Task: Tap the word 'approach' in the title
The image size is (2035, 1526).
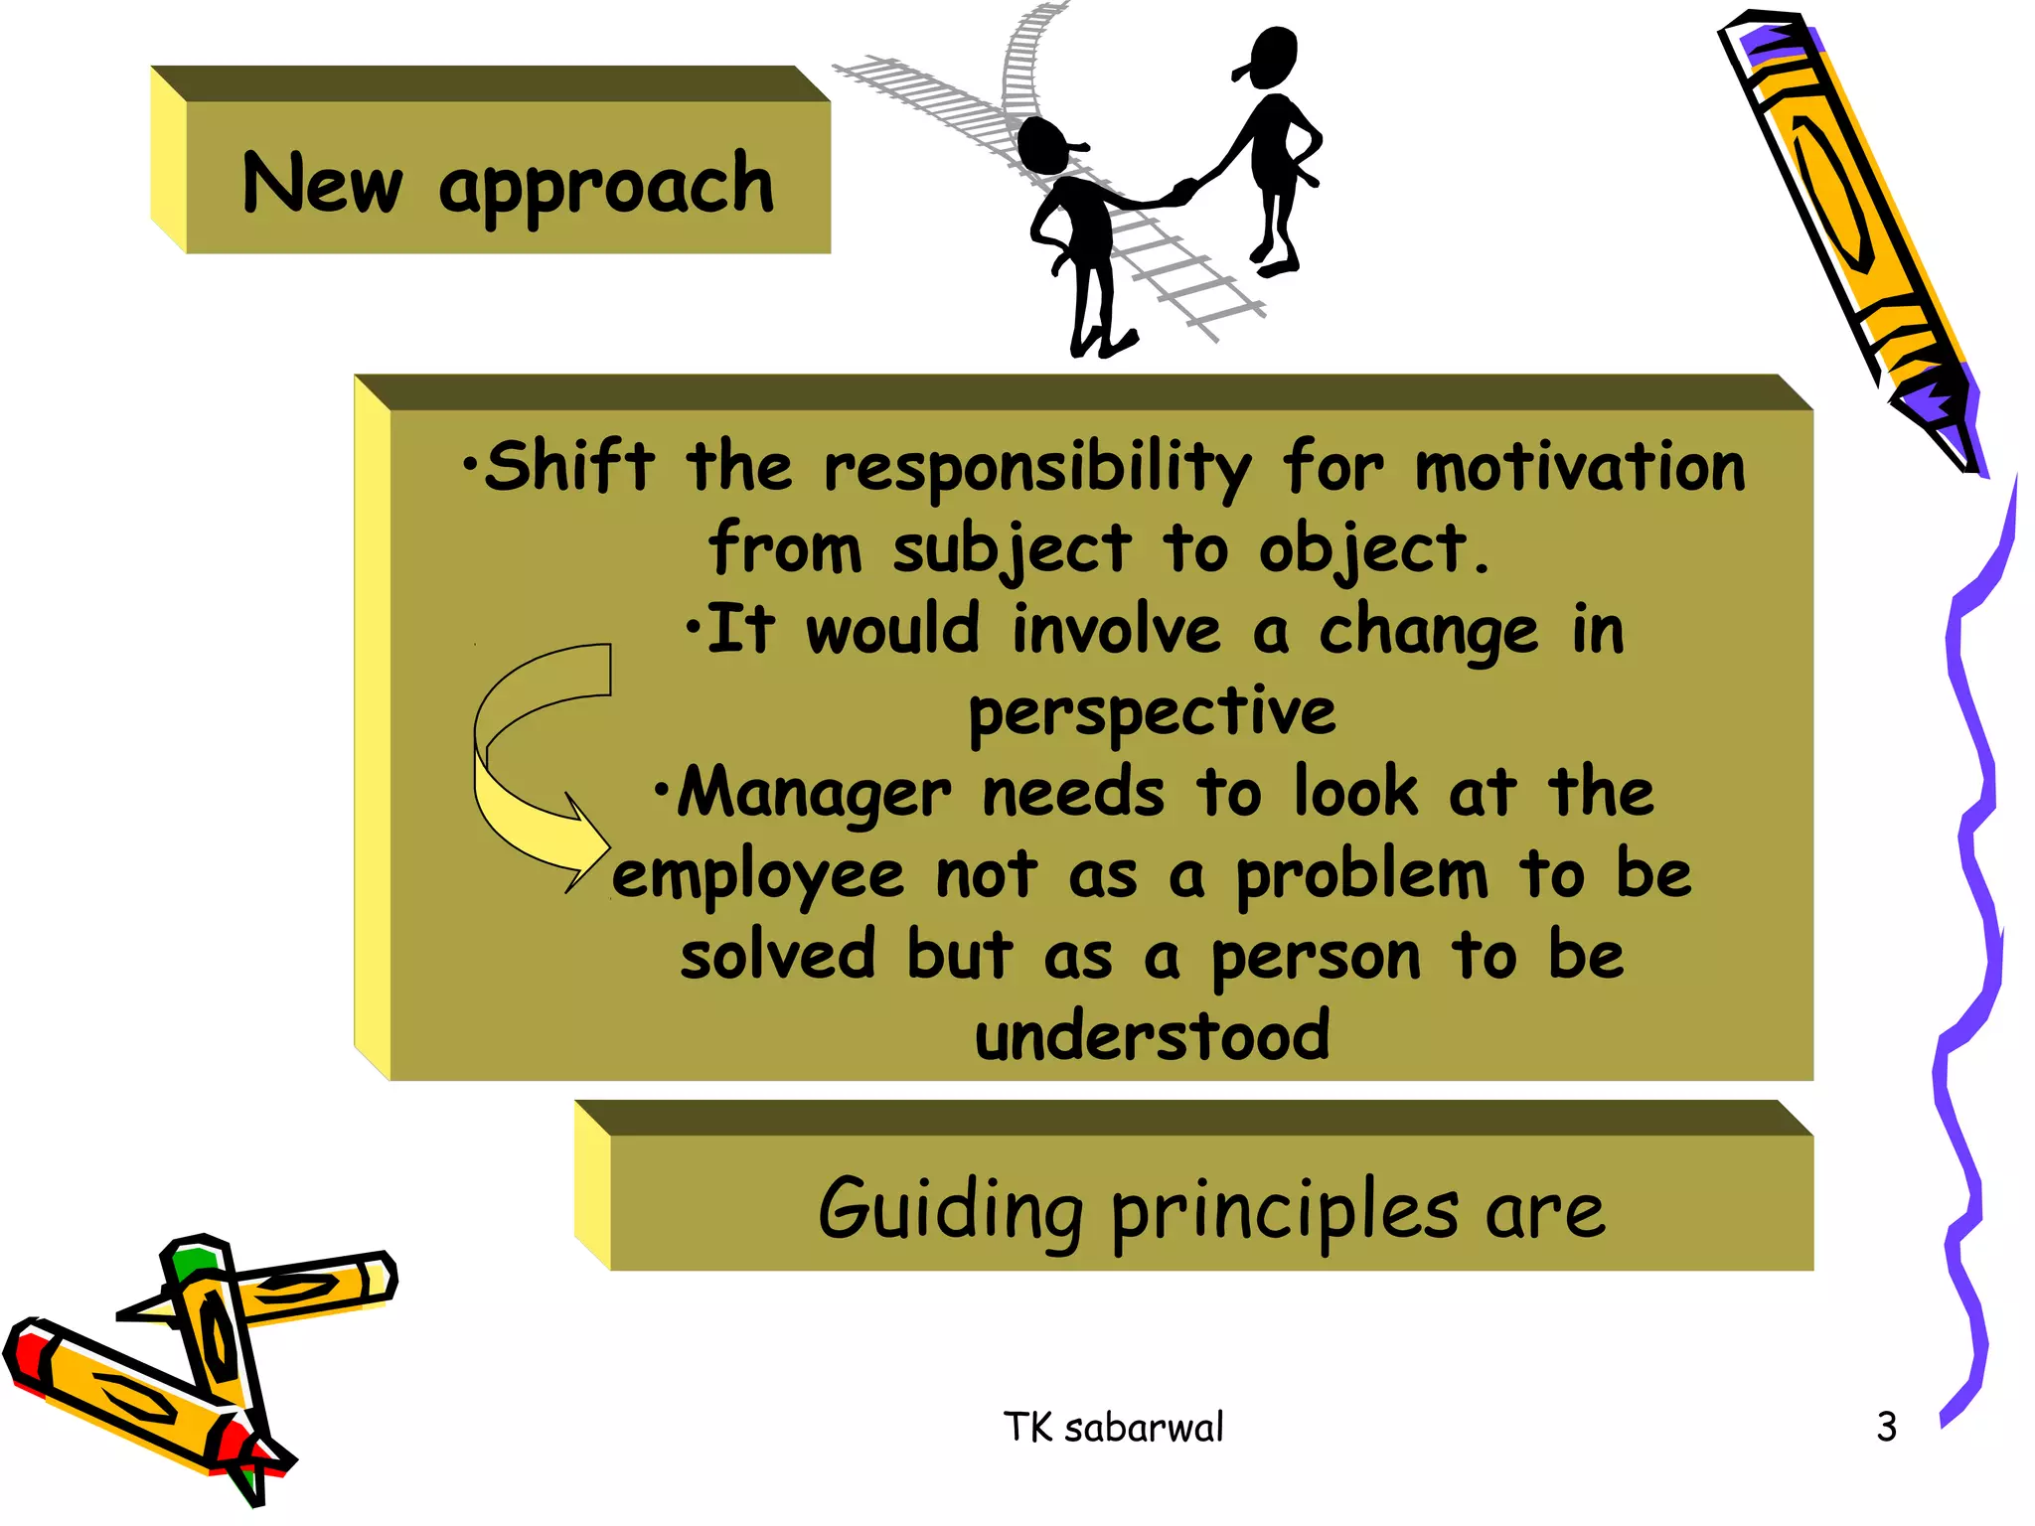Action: [606, 187]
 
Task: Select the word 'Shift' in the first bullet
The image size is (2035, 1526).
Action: [568, 466]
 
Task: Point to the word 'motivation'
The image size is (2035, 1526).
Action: [1580, 466]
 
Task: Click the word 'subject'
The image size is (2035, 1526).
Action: [1011, 549]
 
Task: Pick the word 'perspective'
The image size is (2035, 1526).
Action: [1152, 712]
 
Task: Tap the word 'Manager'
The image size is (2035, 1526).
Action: [813, 794]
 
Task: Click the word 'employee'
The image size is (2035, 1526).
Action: [757, 876]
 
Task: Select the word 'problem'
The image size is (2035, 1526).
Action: [1361, 876]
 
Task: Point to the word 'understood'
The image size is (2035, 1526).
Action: [1152, 1036]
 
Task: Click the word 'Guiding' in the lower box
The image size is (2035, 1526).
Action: [950, 1210]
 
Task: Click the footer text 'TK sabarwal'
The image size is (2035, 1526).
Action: [1113, 1428]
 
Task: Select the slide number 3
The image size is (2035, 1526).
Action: [1886, 1428]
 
